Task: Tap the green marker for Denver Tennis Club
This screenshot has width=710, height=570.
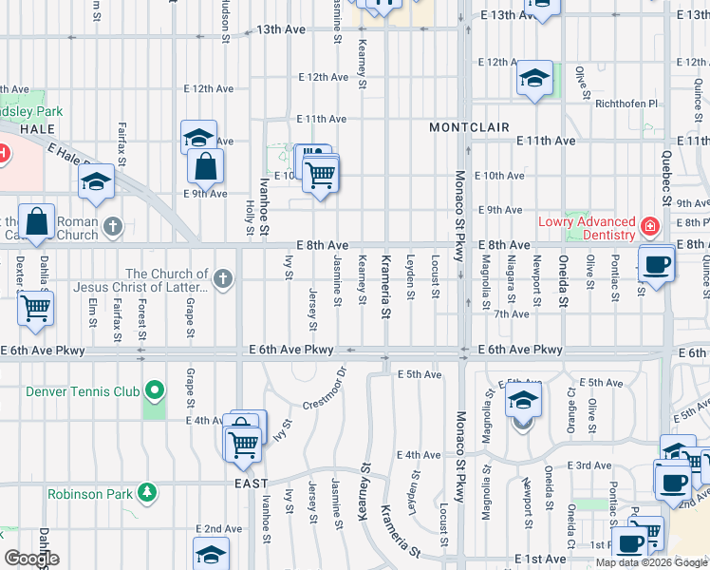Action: [x=152, y=390]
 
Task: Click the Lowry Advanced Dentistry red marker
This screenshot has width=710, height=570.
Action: [x=649, y=227]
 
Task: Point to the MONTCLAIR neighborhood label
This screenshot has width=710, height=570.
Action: [x=469, y=127]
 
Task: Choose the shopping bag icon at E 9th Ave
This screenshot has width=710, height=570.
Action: [x=205, y=168]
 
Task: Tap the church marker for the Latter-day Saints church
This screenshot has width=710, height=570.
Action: [x=223, y=279]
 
